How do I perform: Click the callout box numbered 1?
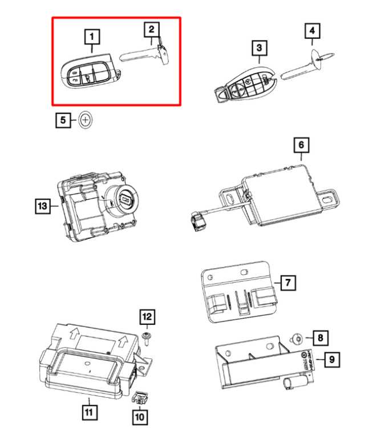coord(91,38)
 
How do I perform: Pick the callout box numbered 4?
coord(312,29)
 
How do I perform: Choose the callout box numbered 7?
coord(289,282)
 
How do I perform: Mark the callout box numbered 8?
coord(320,339)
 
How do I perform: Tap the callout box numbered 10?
coord(139,417)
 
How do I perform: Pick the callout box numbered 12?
coord(148,317)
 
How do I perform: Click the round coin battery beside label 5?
coord(86,120)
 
